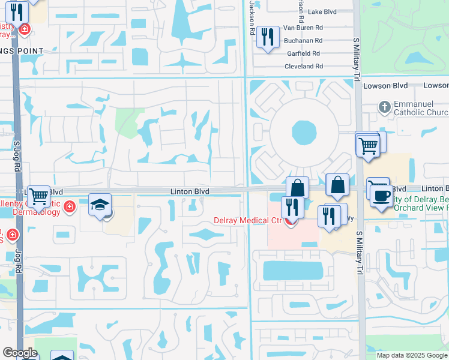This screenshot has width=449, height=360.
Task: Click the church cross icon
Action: [385, 107]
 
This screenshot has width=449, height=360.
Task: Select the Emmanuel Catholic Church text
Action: [421, 108]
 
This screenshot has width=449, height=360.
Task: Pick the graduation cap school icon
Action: [100, 205]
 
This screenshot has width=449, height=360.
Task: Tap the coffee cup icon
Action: [381, 195]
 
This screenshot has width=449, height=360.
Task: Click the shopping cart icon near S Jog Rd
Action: [38, 195]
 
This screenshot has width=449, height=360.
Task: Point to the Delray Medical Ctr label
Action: [248, 220]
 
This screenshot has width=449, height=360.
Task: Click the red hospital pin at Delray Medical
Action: [291, 222]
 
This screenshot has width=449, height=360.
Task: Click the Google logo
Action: [20, 353]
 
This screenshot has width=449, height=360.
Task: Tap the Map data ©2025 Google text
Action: [411, 355]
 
